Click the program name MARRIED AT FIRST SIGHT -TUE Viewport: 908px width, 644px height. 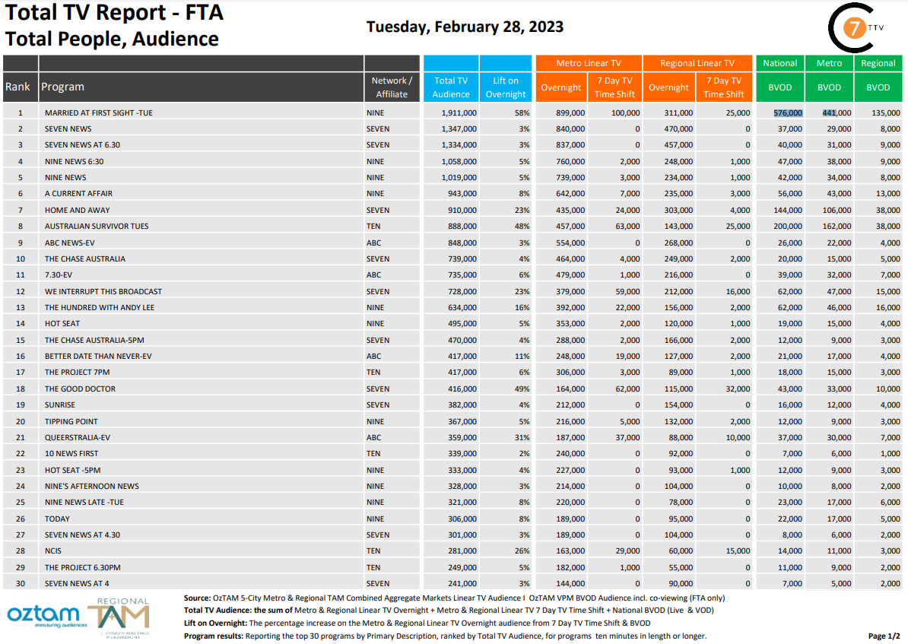click(x=98, y=113)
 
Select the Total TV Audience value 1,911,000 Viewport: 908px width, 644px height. click(x=459, y=113)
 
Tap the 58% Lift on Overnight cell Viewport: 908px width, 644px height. click(x=522, y=113)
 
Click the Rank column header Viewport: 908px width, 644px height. click(x=17, y=87)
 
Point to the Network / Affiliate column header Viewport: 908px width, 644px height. click(x=392, y=87)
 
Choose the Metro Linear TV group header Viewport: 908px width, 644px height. click(x=589, y=63)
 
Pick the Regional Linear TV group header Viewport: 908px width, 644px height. click(x=697, y=63)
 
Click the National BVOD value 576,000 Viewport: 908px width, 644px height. click(x=788, y=113)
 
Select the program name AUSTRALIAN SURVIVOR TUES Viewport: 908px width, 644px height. click(x=97, y=227)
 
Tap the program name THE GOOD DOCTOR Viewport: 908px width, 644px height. click(x=80, y=389)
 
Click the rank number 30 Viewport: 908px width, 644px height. click(x=21, y=584)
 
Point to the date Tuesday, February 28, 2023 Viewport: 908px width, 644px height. click(x=465, y=27)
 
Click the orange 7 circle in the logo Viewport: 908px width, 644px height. click(x=853, y=28)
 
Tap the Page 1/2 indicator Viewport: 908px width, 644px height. click(x=884, y=636)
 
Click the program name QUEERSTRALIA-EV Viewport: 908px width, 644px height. click(x=77, y=438)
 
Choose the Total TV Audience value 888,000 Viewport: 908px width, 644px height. click(x=462, y=227)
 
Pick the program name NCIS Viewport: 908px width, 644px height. click(x=52, y=551)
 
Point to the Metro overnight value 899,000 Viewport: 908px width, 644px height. click(x=570, y=113)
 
